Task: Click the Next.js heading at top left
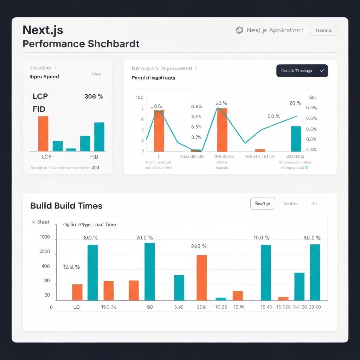(43, 30)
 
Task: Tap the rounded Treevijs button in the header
(323, 31)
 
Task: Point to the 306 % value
(94, 96)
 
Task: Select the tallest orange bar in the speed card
(43, 134)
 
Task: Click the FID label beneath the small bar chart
(94, 157)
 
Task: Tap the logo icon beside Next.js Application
(239, 31)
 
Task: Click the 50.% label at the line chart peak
(221, 103)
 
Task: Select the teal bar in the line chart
(296, 139)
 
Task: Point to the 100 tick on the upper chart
(139, 97)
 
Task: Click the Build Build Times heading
(66, 206)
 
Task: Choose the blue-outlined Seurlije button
(263, 204)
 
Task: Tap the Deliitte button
(290, 204)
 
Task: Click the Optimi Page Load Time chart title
(90, 224)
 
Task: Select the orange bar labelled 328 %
(201, 278)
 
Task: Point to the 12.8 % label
(71, 267)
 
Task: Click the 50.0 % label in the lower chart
(312, 238)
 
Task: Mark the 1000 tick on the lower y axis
(45, 237)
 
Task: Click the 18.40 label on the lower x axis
(266, 307)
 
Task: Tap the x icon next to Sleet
(33, 222)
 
